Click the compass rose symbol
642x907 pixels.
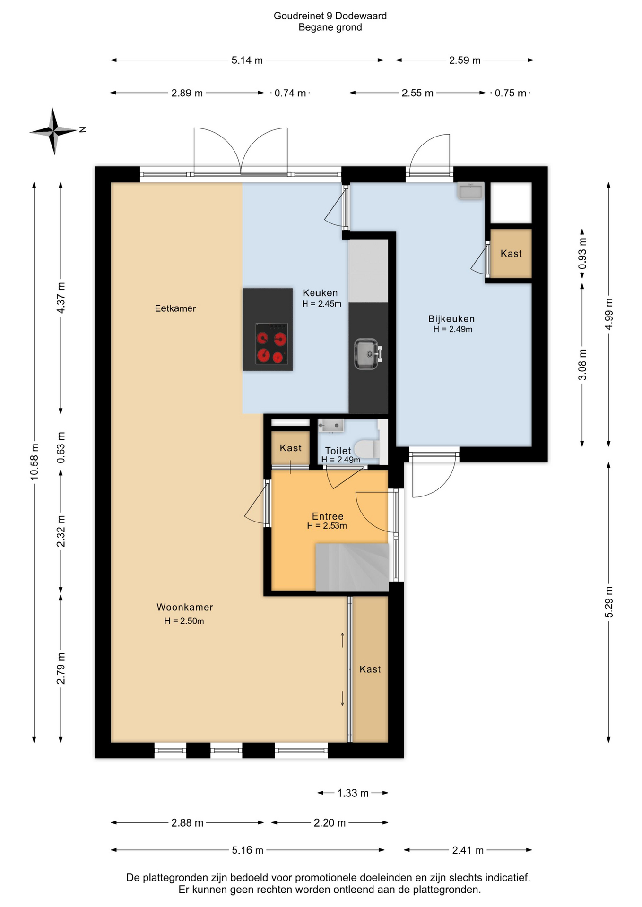click(x=54, y=131)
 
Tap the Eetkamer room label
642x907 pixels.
click(x=175, y=308)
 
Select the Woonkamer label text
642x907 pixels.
click(x=185, y=607)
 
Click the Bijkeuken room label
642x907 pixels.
click(x=451, y=319)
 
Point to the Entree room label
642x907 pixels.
click(x=328, y=516)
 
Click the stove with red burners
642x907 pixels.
click(x=271, y=343)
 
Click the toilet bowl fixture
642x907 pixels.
click(x=367, y=448)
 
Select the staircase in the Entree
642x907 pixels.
click(x=352, y=567)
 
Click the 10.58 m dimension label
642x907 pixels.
click(x=35, y=462)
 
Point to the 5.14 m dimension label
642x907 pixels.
click(x=247, y=60)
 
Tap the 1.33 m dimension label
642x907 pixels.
click(x=353, y=793)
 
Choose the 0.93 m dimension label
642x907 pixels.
click(x=582, y=253)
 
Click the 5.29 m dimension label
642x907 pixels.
click(x=609, y=602)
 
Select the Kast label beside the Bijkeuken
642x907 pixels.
click(x=511, y=254)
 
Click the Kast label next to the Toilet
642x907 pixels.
click(x=290, y=448)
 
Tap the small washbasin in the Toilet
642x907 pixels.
click(x=330, y=425)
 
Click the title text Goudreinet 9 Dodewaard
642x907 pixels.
click(x=330, y=16)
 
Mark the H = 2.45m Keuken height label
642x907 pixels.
click(x=321, y=304)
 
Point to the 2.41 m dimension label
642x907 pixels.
click(x=468, y=850)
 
